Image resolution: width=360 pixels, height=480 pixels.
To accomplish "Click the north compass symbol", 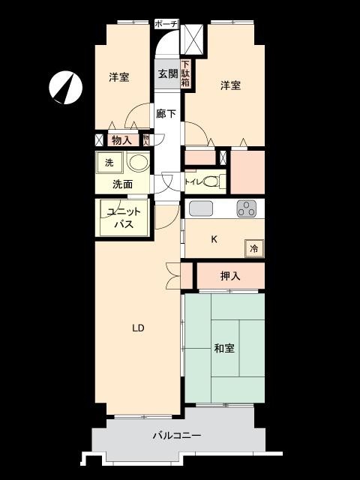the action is [65, 88].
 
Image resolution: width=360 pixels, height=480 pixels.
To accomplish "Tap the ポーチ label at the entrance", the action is [166, 24].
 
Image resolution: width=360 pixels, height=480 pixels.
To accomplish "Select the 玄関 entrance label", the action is [167, 73].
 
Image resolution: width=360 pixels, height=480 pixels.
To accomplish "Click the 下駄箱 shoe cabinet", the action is [186, 73].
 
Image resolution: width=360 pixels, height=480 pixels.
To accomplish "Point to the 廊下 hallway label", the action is [166, 114].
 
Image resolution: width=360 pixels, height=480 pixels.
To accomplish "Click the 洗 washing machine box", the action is [109, 163].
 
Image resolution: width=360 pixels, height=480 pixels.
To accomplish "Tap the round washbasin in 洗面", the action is [138, 162].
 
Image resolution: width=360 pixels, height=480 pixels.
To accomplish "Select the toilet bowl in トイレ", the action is [211, 181].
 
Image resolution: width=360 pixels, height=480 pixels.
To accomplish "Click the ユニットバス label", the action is [124, 217].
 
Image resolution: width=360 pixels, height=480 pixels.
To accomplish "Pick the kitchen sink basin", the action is [201, 208].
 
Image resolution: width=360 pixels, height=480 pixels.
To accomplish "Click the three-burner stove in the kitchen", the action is [247, 208].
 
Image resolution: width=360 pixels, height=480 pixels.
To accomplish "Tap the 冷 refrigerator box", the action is [254, 248].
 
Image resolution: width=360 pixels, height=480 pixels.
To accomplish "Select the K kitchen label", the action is [214, 239].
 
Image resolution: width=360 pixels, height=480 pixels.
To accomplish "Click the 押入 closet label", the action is [230, 276].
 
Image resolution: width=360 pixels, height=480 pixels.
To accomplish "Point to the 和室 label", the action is [224, 348].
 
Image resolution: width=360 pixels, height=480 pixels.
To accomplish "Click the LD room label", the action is [138, 328].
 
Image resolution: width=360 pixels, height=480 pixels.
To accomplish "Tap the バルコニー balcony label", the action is [177, 435].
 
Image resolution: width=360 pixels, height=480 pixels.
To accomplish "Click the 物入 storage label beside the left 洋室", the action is [121, 140].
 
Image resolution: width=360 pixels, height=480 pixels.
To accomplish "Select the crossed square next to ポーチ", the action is [193, 40].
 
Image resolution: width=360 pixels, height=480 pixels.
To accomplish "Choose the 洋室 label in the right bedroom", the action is [230, 85].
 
